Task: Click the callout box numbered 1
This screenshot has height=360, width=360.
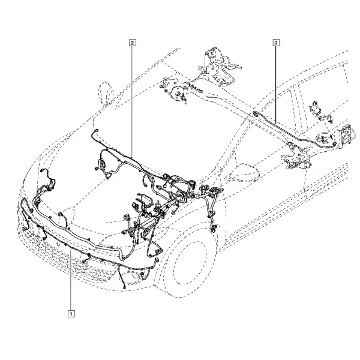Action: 71,314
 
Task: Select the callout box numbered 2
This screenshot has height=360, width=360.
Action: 133,43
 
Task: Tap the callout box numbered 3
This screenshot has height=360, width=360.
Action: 276,43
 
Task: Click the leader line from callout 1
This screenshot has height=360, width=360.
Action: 71,281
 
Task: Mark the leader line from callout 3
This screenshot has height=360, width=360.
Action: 276,83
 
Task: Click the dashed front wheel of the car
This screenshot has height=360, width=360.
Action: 190,265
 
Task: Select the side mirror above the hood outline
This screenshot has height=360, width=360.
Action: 106,94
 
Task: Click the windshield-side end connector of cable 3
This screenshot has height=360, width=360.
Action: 256,114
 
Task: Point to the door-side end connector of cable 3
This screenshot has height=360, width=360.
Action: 335,144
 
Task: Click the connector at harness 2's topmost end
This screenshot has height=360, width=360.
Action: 97,131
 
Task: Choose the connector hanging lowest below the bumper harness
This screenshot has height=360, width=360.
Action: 124,287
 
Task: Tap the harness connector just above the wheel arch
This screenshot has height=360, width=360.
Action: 214,228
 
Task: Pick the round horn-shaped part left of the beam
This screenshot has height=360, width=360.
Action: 177,92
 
